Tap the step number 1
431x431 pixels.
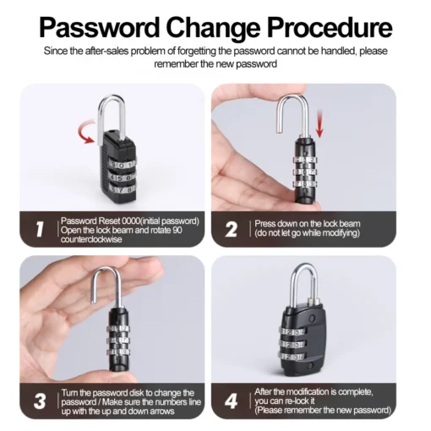point(38,228)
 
